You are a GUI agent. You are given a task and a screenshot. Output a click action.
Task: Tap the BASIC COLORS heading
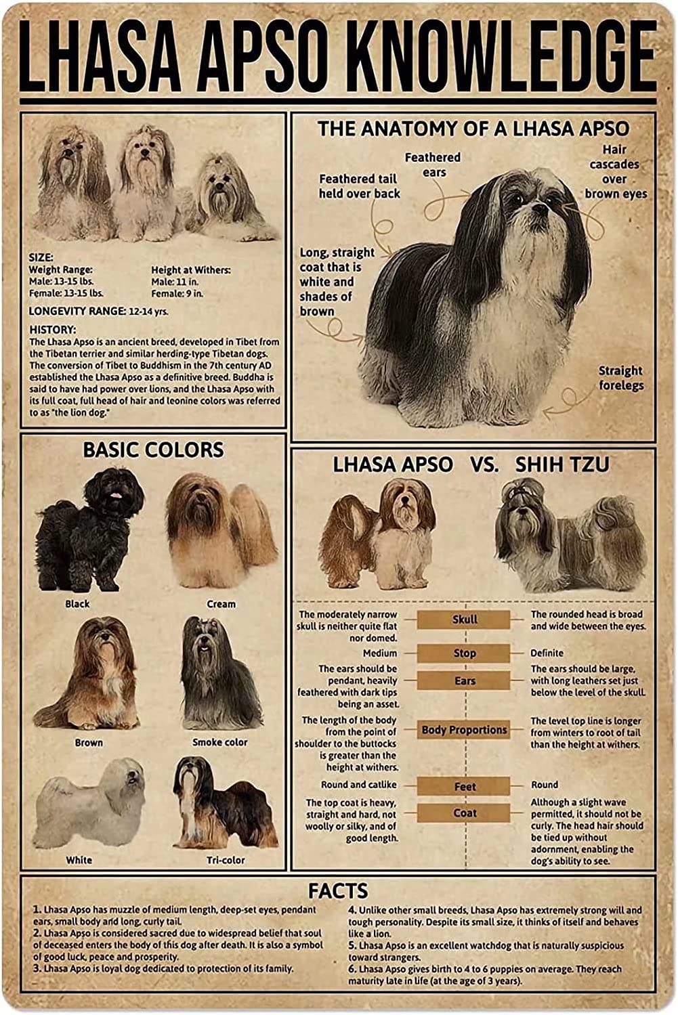click(x=153, y=450)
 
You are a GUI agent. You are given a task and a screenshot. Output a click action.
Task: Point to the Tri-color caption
click(x=226, y=860)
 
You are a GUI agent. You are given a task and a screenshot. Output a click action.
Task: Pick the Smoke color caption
click(x=220, y=742)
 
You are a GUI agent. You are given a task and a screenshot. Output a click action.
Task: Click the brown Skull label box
click(x=464, y=619)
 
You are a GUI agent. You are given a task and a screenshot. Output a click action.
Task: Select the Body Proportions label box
click(x=464, y=730)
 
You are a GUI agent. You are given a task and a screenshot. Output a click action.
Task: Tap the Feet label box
click(x=464, y=787)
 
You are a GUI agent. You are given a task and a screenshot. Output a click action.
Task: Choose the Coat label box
click(x=464, y=813)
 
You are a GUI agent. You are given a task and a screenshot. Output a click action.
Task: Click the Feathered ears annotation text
click(x=433, y=165)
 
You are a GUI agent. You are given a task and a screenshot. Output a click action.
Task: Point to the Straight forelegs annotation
click(x=620, y=378)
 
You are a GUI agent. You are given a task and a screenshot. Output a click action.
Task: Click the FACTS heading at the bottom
click(x=338, y=890)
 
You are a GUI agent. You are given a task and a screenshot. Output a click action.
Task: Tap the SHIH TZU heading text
click(x=562, y=465)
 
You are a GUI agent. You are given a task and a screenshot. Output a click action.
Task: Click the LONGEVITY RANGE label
click(x=77, y=311)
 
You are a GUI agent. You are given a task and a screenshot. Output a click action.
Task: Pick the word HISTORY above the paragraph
click(x=52, y=329)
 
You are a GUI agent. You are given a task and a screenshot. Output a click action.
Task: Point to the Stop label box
click(x=464, y=653)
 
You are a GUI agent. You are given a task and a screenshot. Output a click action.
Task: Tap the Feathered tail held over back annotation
click(x=359, y=186)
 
